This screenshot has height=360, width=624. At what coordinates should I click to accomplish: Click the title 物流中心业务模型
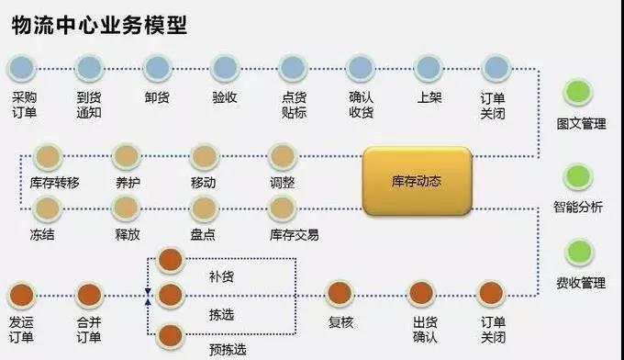[99, 25]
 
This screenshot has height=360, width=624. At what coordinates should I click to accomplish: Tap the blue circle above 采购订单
[24, 67]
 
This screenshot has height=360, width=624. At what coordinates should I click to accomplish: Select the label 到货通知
[89, 106]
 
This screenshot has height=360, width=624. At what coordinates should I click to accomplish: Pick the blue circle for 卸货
[157, 67]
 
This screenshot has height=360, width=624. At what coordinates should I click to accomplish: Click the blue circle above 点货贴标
[293, 67]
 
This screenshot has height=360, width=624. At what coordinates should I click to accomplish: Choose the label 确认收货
[361, 106]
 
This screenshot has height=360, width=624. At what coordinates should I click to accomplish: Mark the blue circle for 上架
[429, 67]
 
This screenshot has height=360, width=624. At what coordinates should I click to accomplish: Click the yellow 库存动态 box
[417, 181]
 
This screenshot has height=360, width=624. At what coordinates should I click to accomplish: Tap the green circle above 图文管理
[579, 93]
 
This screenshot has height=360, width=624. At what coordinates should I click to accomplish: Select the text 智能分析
[578, 208]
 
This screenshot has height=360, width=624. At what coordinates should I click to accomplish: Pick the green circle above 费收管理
[579, 252]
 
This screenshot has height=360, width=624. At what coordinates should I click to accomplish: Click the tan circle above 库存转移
[47, 157]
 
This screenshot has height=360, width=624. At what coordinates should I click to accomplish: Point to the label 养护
[128, 183]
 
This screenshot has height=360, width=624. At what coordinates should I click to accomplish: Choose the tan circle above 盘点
[205, 209]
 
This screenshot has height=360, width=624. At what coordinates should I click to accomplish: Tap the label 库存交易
[295, 235]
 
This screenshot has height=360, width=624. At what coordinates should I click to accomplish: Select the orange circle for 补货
[171, 260]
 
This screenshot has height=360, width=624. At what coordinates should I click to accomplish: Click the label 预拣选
[228, 349]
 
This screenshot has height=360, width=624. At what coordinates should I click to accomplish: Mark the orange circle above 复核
[340, 294]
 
